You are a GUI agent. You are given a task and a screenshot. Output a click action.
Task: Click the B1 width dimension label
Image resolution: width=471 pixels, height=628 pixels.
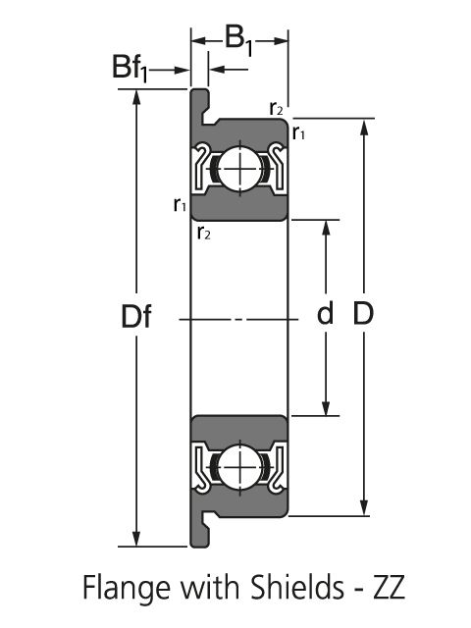tap(239, 41)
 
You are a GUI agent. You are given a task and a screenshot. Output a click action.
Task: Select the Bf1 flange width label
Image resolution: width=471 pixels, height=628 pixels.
tap(130, 68)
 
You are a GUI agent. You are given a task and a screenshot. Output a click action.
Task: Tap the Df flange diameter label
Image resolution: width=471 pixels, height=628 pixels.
tap(136, 316)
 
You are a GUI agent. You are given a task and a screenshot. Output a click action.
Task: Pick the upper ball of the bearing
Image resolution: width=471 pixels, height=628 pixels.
tap(239, 169)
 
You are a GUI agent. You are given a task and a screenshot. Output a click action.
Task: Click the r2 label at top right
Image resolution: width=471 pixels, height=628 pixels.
tap(276, 108)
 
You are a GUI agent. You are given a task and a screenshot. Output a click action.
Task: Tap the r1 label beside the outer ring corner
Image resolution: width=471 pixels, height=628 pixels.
tap(298, 132)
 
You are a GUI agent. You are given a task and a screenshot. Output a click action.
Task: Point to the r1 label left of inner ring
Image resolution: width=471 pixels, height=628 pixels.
tap(180, 205)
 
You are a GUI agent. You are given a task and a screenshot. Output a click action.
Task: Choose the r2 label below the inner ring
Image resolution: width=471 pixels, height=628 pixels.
tap(204, 233)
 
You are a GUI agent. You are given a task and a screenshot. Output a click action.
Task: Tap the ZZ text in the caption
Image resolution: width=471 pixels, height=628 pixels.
tap(389, 588)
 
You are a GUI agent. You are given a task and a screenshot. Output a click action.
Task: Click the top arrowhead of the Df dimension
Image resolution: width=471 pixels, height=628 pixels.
tap(136, 97)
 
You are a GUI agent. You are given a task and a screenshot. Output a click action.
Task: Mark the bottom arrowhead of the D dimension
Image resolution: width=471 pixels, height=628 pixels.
tap(364, 508)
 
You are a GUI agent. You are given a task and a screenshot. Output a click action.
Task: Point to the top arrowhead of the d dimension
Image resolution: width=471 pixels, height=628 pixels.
tap(326, 228)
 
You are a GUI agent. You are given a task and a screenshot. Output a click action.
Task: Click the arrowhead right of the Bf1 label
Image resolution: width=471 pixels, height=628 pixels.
tap(182, 71)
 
